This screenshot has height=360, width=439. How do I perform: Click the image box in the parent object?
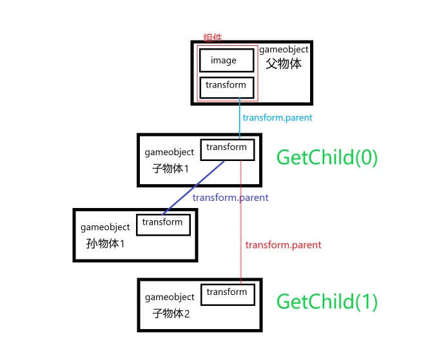tap(224, 61)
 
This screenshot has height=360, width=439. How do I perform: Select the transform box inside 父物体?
tap(226, 86)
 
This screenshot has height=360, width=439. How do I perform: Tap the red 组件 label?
tap(213, 38)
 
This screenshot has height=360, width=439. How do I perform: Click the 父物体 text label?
tap(284, 64)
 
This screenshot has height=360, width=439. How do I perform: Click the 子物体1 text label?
tap(171, 169)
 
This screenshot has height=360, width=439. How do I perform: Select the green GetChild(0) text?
tap(327, 157)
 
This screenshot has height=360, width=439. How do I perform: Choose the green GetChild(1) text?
tap(327, 301)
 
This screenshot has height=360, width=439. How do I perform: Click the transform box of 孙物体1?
tap(162, 223)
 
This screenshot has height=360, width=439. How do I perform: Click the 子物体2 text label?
tap(171, 314)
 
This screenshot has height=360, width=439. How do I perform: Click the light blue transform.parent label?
tap(277, 118)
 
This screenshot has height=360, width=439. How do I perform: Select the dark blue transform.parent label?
tap(230, 198)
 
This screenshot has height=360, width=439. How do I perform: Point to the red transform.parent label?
tap(283, 245)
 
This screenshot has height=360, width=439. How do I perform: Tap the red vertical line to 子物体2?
tap(240, 258)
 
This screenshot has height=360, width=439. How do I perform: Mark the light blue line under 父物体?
tap(240, 119)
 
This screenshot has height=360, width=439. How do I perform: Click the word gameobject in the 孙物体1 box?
tap(105, 227)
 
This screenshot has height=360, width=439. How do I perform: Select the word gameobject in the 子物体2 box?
tap(170, 298)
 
